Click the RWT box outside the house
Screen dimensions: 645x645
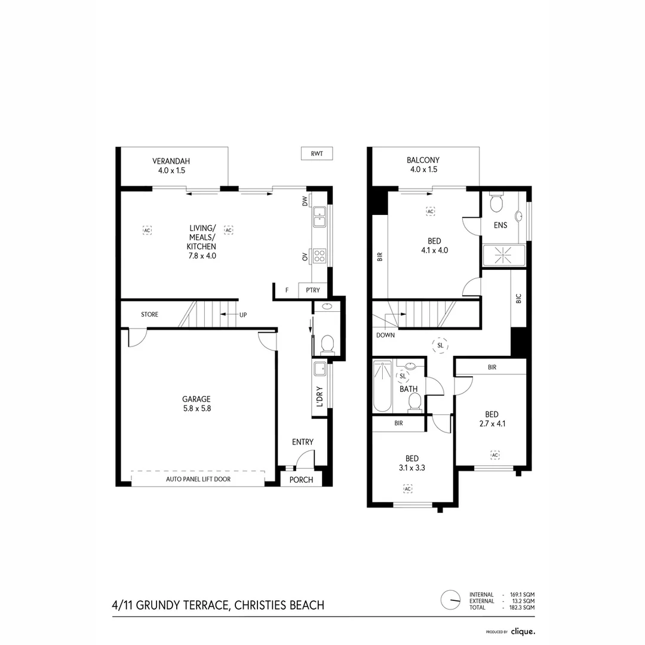[317, 153]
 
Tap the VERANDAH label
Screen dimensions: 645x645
[171, 161]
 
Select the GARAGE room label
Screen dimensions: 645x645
[196, 399]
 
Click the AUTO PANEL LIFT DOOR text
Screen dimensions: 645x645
[198, 479]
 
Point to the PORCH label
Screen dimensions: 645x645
[301, 480]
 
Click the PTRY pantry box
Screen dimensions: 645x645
[312, 290]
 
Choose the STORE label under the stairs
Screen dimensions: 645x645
[149, 314]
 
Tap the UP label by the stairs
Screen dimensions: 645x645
[243, 315]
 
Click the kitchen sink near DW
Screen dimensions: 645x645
[320, 217]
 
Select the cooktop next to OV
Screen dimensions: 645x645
[320, 256]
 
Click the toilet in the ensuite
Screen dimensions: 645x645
[496, 202]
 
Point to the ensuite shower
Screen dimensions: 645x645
[503, 255]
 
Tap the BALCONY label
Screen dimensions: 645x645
[423, 160]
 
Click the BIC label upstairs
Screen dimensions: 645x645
[518, 299]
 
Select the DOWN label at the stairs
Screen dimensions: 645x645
[385, 335]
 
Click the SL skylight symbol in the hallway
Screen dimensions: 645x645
[440, 346]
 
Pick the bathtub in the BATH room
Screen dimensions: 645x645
[383, 386]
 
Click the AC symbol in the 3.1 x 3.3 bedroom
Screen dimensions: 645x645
[408, 489]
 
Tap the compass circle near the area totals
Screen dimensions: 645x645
[450, 600]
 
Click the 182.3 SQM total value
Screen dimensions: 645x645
[522, 607]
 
